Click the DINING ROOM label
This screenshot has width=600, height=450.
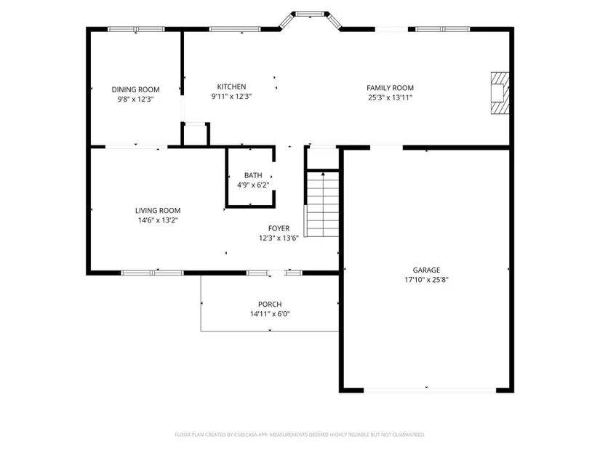click(x=135, y=89)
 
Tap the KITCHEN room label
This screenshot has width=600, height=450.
click(x=231, y=87)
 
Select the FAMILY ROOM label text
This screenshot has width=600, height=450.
click(x=390, y=88)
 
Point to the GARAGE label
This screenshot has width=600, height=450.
click(x=426, y=270)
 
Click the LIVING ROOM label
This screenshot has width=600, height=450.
click(x=158, y=210)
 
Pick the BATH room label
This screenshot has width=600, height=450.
click(x=253, y=175)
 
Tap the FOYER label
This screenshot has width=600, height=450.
click(x=279, y=228)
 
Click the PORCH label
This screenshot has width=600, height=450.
click(x=270, y=305)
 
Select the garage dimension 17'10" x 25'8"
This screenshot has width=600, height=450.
click(x=426, y=280)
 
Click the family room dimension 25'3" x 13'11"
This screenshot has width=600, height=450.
click(x=390, y=97)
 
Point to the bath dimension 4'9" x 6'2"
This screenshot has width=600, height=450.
click(x=253, y=185)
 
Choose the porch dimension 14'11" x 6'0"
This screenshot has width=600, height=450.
click(x=270, y=314)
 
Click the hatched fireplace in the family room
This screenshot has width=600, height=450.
click(x=500, y=93)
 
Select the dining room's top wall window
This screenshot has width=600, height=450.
click(x=136, y=29)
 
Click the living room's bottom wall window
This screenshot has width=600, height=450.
click(x=152, y=273)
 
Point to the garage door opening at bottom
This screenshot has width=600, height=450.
click(x=430, y=390)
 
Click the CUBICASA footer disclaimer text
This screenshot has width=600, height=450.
click(x=300, y=435)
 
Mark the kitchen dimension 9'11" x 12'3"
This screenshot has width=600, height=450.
click(x=231, y=97)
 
